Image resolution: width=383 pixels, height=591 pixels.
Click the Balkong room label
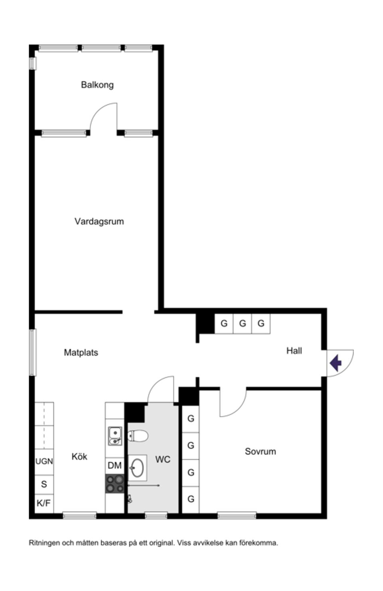coord(97,85)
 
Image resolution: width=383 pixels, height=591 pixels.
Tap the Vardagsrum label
coord(99,221)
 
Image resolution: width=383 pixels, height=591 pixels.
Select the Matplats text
coord(81,352)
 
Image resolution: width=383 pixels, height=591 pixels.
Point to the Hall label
coord(294,351)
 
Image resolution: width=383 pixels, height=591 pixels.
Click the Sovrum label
coord(260,452)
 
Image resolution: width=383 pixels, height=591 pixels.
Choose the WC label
coord(162,460)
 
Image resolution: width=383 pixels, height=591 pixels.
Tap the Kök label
coord(79,456)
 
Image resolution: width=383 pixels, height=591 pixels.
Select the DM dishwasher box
coord(115,466)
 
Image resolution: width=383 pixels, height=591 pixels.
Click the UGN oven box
coord(44,461)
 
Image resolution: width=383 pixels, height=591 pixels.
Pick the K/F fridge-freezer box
coord(44,503)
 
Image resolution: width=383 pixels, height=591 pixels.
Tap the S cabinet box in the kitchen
coord(44,484)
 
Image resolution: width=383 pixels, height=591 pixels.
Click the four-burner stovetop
coord(115,484)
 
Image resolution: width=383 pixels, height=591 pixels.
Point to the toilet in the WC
coord(138,436)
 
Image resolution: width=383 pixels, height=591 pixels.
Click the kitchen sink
coord(115,436)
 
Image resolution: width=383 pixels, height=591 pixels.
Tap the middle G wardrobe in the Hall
coord(243,324)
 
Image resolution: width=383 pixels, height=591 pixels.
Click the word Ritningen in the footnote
coord(44,543)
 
